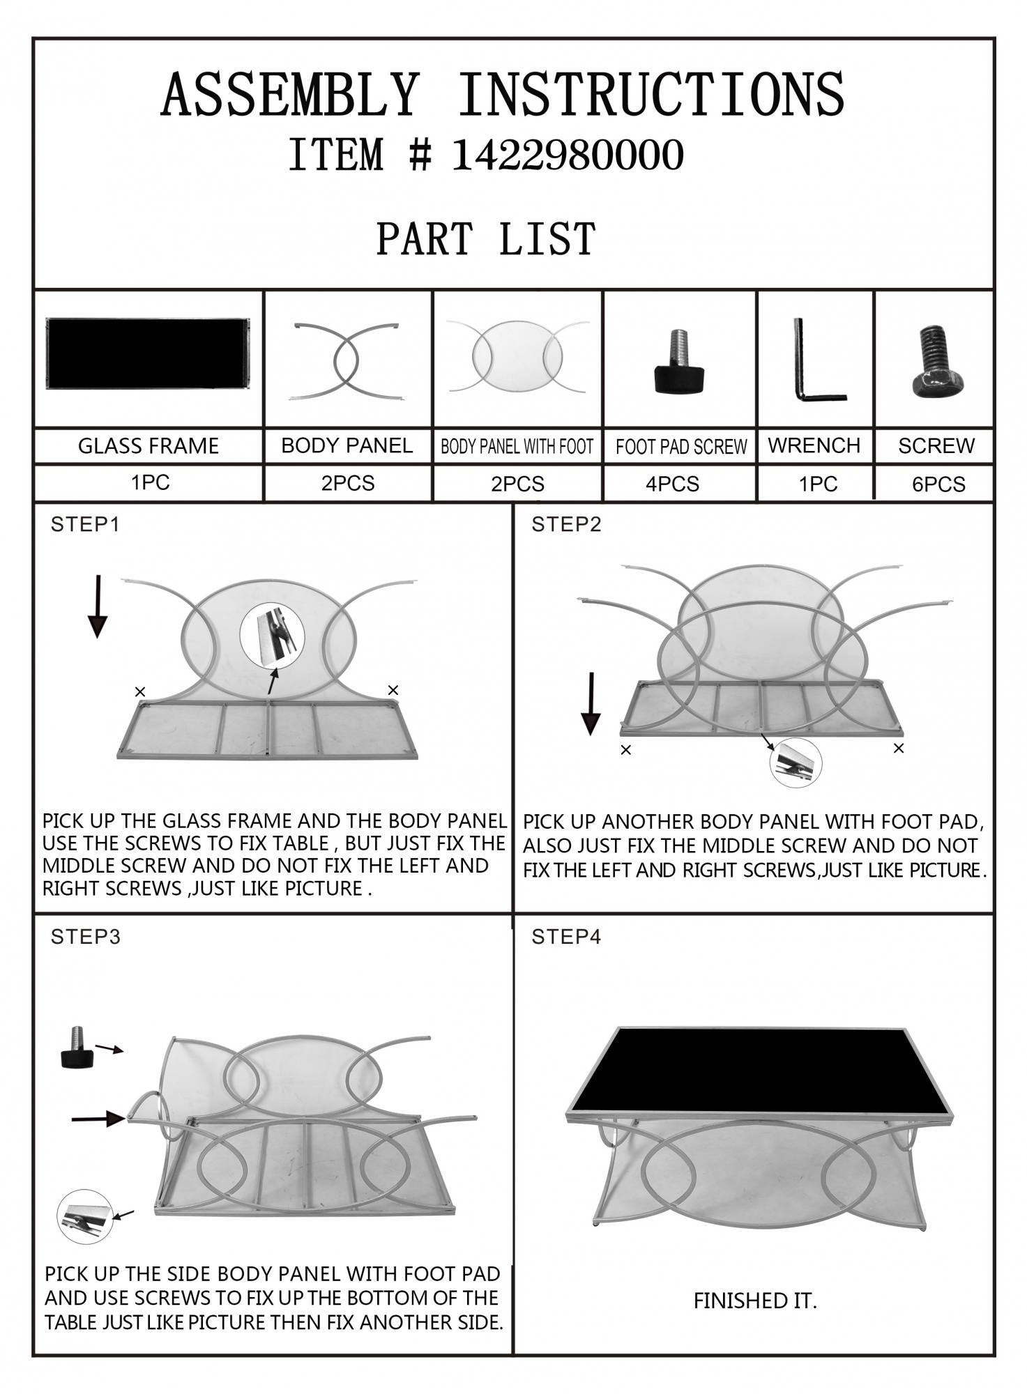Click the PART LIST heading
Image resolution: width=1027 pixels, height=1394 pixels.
pyautogui.click(x=486, y=238)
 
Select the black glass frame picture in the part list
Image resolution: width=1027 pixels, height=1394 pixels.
pyautogui.click(x=148, y=353)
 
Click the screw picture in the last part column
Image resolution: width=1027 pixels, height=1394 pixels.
pyautogui.click(x=937, y=361)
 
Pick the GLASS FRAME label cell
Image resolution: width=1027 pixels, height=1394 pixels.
pyautogui.click(x=149, y=446)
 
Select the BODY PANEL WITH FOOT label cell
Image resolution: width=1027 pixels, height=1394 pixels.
pyautogui.click(x=517, y=446)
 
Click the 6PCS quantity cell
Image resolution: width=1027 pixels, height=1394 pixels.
pyautogui.click(x=938, y=484)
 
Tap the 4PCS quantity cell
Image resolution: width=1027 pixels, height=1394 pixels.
pyautogui.click(x=672, y=484)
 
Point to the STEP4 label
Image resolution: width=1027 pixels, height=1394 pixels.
pyautogui.click(x=566, y=937)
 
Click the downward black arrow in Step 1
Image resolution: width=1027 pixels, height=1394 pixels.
pyautogui.click(x=98, y=606)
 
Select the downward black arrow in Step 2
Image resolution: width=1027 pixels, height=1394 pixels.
pyautogui.click(x=591, y=703)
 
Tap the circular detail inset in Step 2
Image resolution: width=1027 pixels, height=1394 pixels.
pyautogui.click(x=796, y=763)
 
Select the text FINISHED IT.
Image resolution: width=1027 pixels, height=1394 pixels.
pyautogui.click(x=755, y=1301)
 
